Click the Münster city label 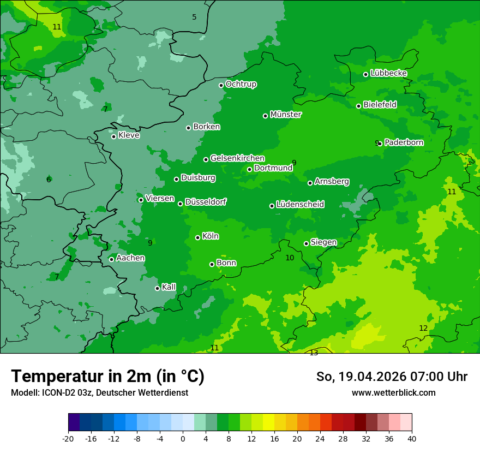pos(286,115)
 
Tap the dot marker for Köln pos(197,237)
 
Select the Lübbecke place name pos(388,73)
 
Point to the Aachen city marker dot pos(111,259)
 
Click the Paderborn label pos(404,142)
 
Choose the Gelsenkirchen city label pos(237,158)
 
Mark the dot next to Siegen pos(306,243)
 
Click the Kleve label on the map pos(129,135)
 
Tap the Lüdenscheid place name pos(300,204)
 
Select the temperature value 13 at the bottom pos(314,353)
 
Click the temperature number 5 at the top pos(194,17)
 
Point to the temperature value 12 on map pos(423,328)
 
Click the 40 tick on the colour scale pos(411,438)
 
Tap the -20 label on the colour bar pos(68,438)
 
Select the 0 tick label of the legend pos(183,438)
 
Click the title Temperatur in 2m pos(107,376)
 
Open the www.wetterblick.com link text pos(393,392)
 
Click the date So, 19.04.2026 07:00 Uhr pos(392,377)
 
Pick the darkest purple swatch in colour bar pos(74,422)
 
